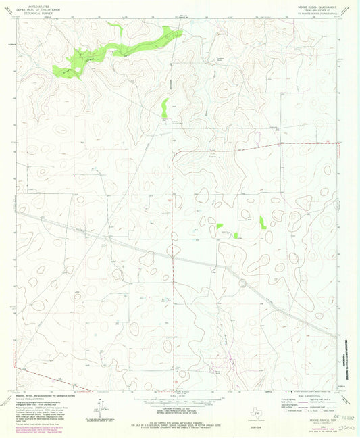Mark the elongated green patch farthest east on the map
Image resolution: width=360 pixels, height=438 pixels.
point(262,222)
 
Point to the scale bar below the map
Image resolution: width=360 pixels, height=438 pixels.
point(179,399)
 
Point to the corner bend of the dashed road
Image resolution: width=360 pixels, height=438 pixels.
point(172,155)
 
